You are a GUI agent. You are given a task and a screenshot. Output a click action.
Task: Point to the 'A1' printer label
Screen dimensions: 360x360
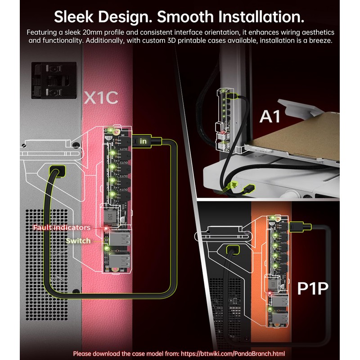pos(270,116)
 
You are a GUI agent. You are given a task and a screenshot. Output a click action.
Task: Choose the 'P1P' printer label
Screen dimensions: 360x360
pos(313,288)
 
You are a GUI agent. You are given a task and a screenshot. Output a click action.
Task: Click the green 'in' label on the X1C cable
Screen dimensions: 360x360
pos(144,141)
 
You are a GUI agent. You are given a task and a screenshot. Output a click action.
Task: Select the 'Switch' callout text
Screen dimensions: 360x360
pos(78,241)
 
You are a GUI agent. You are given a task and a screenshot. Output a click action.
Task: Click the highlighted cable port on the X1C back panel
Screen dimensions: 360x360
pos(57,172)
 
